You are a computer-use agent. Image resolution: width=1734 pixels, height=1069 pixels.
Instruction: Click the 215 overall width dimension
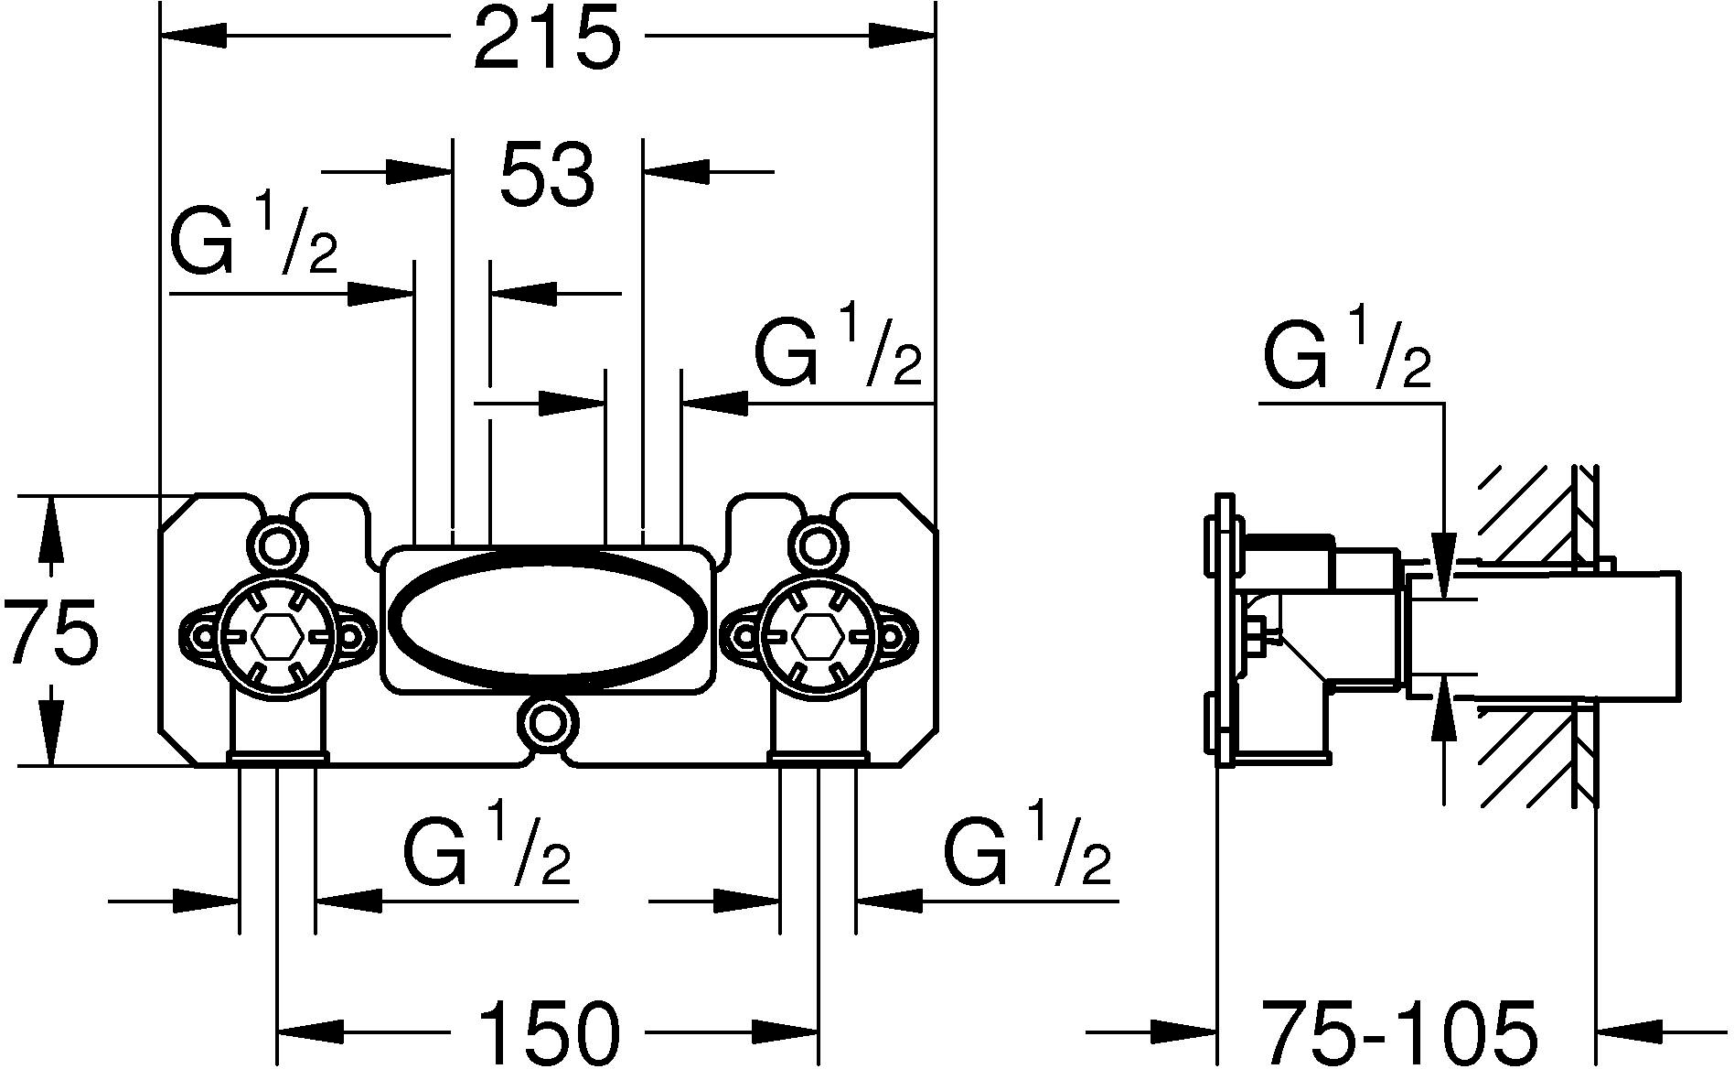pyautogui.click(x=547, y=38)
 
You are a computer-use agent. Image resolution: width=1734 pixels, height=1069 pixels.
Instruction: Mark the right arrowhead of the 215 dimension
pyautogui.click(x=902, y=37)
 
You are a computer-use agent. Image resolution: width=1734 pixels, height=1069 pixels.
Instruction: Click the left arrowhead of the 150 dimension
pyautogui.click(x=309, y=1032)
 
